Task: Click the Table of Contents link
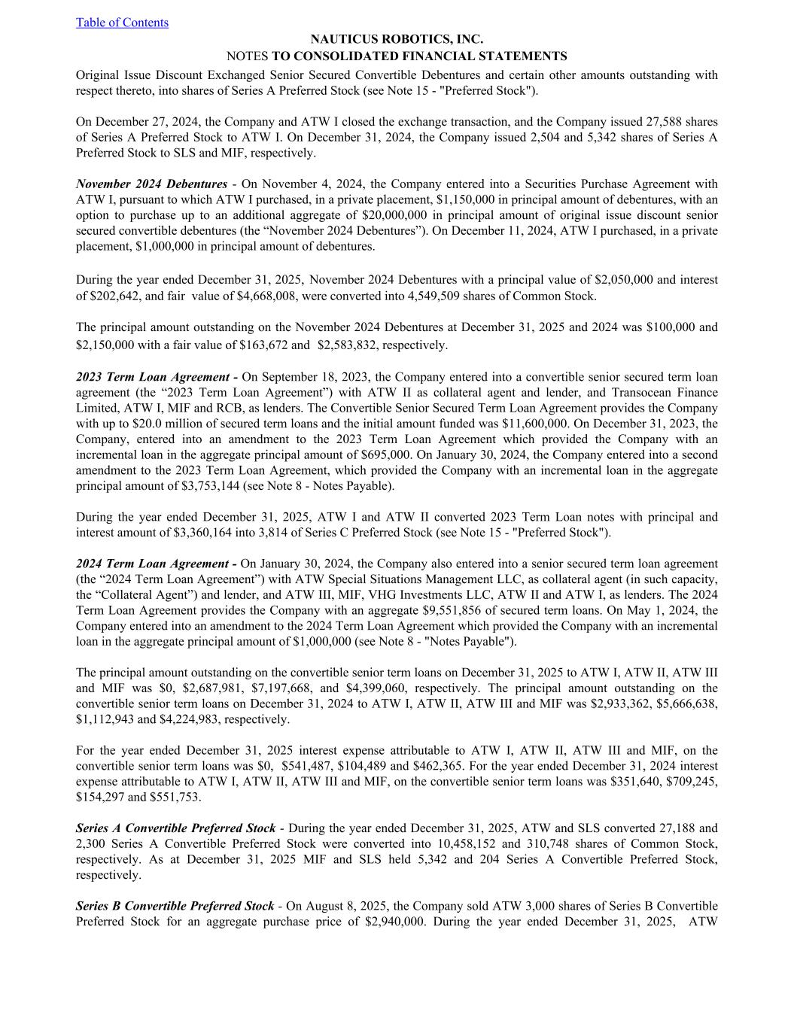122,23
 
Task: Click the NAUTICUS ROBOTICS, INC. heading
397,39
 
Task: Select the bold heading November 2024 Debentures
151,184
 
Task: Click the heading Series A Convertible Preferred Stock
175,828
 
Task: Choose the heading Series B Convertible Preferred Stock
175,906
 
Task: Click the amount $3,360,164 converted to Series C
245,533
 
